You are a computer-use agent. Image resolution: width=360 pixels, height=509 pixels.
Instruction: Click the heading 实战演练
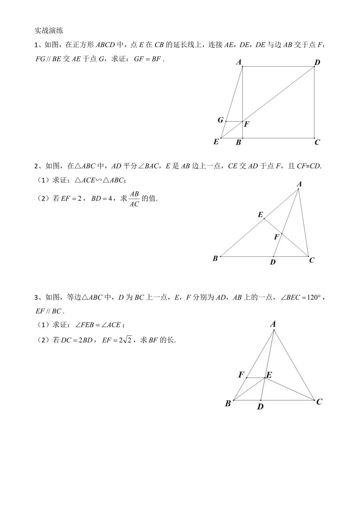pyautogui.click(x=49, y=31)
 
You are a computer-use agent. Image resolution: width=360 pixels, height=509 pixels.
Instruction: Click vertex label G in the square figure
pyautogui.click(x=220, y=120)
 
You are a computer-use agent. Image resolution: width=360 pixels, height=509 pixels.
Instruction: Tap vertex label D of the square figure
pyautogui.click(x=317, y=62)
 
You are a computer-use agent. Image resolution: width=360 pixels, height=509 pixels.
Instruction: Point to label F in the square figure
pyautogui.click(x=247, y=124)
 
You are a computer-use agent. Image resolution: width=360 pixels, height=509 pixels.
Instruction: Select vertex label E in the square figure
pyautogui.click(x=216, y=142)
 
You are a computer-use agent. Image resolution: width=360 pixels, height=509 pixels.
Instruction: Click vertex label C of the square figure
pyautogui.click(x=317, y=142)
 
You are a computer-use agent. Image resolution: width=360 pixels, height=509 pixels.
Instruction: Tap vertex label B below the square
pyautogui.click(x=238, y=143)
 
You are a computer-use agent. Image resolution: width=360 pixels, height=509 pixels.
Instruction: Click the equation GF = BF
pyautogui.click(x=147, y=59)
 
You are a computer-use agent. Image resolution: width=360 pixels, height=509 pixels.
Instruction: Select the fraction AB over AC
pyautogui.click(x=134, y=199)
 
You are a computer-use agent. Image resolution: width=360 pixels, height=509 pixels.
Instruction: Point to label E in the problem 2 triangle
pyautogui.click(x=260, y=215)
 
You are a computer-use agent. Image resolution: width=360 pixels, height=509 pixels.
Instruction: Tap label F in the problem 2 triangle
pyautogui.click(x=276, y=237)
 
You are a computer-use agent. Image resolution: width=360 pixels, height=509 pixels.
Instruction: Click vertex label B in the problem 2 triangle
pyautogui.click(x=215, y=258)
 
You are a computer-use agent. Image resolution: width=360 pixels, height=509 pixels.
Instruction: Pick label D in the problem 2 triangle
pyautogui.click(x=273, y=262)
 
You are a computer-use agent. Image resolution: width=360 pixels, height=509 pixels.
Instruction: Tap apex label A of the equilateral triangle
pyautogui.click(x=273, y=324)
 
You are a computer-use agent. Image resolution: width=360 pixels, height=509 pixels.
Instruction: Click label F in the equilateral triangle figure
pyautogui.click(x=241, y=375)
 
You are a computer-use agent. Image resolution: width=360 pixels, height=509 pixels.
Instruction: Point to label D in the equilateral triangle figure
pyautogui.click(x=260, y=406)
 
